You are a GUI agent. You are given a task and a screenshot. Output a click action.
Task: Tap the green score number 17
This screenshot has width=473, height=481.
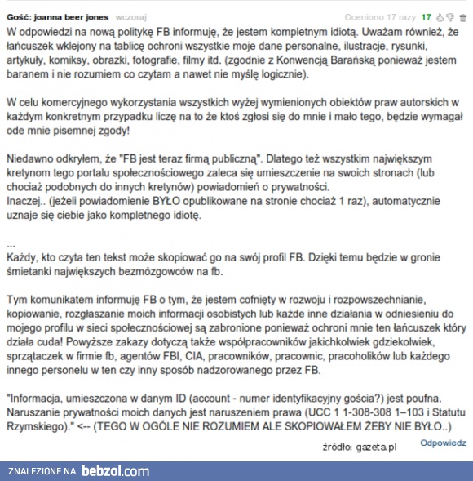426,15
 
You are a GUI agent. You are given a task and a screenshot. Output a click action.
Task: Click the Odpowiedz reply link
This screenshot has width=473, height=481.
443,443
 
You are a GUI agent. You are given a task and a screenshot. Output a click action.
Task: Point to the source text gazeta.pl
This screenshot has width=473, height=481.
380,448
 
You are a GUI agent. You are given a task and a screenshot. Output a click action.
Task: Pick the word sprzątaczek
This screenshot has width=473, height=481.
41,359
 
